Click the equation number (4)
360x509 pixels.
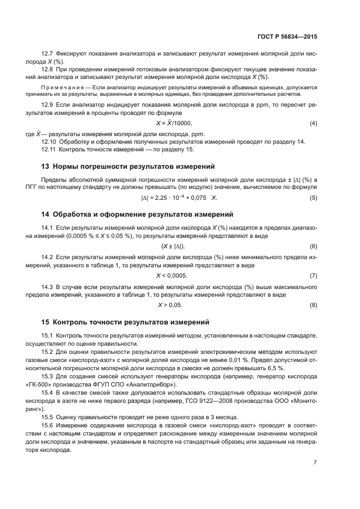(x=313, y=123)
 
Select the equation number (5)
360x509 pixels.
(x=313, y=197)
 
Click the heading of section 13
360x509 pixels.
(x=128, y=165)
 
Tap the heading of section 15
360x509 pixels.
(x=125, y=322)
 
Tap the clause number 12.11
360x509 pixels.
(x=49, y=149)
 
